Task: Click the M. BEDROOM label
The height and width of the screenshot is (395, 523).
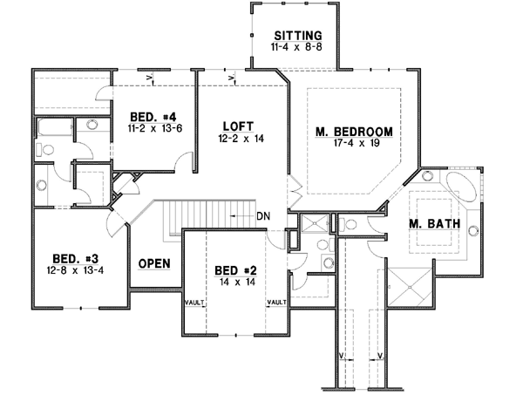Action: click(353, 132)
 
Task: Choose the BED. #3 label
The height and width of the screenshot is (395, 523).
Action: click(71, 259)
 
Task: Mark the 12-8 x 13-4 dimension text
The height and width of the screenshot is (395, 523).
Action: click(71, 271)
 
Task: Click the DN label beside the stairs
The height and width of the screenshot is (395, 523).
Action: click(264, 215)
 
